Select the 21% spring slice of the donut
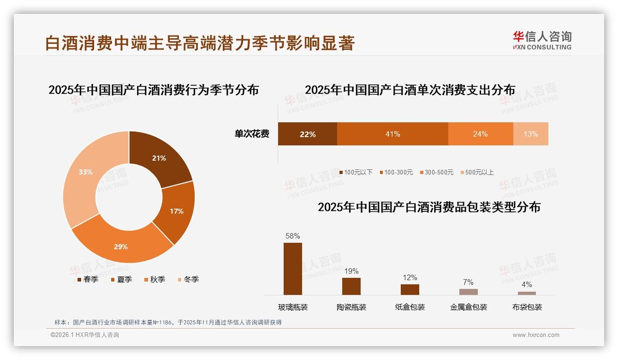(159, 157)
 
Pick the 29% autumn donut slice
(121, 245)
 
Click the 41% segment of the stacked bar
(392, 134)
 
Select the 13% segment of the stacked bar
(530, 134)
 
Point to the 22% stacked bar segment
(307, 134)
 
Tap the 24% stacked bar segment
(480, 134)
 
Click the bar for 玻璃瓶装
(293, 269)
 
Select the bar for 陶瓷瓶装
(351, 286)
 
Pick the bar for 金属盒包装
(469, 292)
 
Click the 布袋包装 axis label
(527, 307)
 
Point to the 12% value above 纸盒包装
(410, 278)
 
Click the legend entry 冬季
(188, 279)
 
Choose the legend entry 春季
(88, 279)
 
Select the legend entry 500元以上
(477, 172)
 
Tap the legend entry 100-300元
(396, 172)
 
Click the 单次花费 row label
(252, 134)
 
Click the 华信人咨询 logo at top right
(542, 40)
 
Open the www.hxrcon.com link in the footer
(536, 335)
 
